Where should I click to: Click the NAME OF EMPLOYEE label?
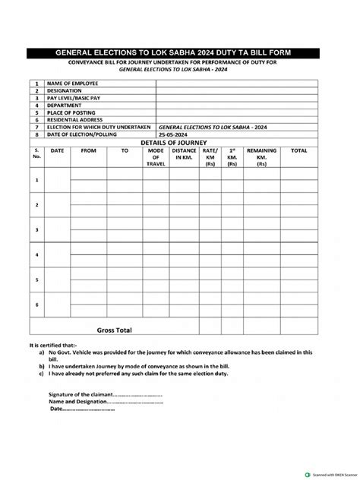point(71,84)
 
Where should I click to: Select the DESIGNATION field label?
point(65,90)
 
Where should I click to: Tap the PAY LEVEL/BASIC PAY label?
point(73,98)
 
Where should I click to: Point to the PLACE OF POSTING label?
point(73,113)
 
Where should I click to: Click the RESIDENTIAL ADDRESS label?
point(77,120)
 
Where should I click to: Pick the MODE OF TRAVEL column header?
point(156,157)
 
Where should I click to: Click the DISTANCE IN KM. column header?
point(184,154)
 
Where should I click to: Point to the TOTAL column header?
point(298,151)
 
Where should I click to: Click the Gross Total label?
point(114,330)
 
